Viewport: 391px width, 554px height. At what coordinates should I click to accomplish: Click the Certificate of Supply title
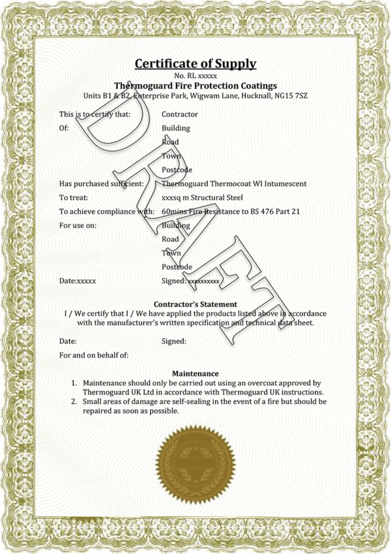pos(195,64)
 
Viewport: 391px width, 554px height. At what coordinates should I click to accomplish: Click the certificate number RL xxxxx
pos(195,77)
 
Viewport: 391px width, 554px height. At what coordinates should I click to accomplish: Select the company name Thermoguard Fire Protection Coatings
pos(195,86)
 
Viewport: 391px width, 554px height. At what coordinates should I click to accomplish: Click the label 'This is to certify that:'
pos(94,115)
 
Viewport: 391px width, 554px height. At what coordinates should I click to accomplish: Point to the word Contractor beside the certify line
pos(179,115)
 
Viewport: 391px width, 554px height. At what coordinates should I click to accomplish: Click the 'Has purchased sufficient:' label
pos(101,184)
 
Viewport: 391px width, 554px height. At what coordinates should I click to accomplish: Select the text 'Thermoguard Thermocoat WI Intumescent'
pos(233,184)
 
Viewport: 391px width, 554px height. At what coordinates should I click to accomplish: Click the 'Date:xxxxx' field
pos(78,281)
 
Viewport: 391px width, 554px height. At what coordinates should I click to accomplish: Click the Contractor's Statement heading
pos(195,304)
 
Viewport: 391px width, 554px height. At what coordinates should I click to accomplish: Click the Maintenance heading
pos(195,373)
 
